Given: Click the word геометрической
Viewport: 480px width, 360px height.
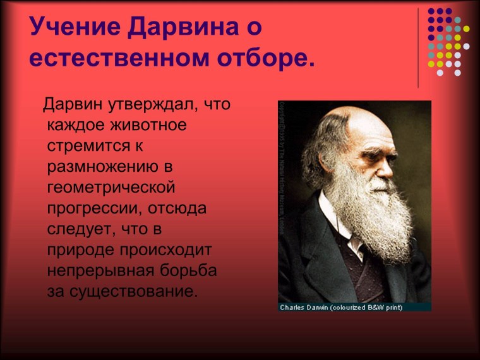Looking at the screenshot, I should [x=110, y=188].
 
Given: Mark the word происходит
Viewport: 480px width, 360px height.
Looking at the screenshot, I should [x=167, y=250].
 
